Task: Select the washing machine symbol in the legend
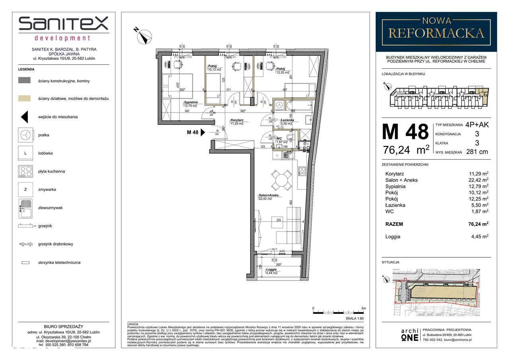coord(25,135)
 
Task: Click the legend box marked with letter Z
coord(25,190)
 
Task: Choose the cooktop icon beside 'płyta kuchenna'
coord(25,171)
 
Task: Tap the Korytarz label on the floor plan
coord(238,120)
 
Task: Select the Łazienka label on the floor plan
coord(287,120)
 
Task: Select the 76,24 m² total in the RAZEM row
coord(477,224)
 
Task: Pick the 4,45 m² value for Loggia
coord(479,237)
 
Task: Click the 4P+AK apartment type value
coord(476,125)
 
